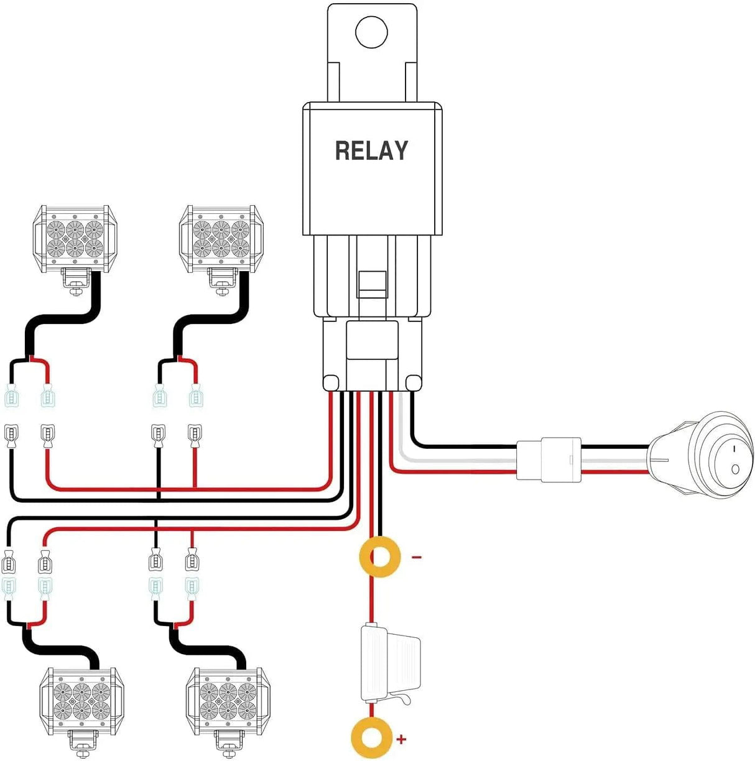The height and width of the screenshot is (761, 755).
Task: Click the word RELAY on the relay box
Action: pyautogui.click(x=371, y=151)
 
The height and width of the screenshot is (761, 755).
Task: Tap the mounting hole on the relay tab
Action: pyautogui.click(x=371, y=31)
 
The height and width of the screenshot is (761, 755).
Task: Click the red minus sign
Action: pyautogui.click(x=417, y=557)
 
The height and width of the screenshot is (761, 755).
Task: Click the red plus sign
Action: pyautogui.click(x=402, y=739)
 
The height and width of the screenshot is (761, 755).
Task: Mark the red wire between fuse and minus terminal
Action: pyautogui.click(x=371, y=600)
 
